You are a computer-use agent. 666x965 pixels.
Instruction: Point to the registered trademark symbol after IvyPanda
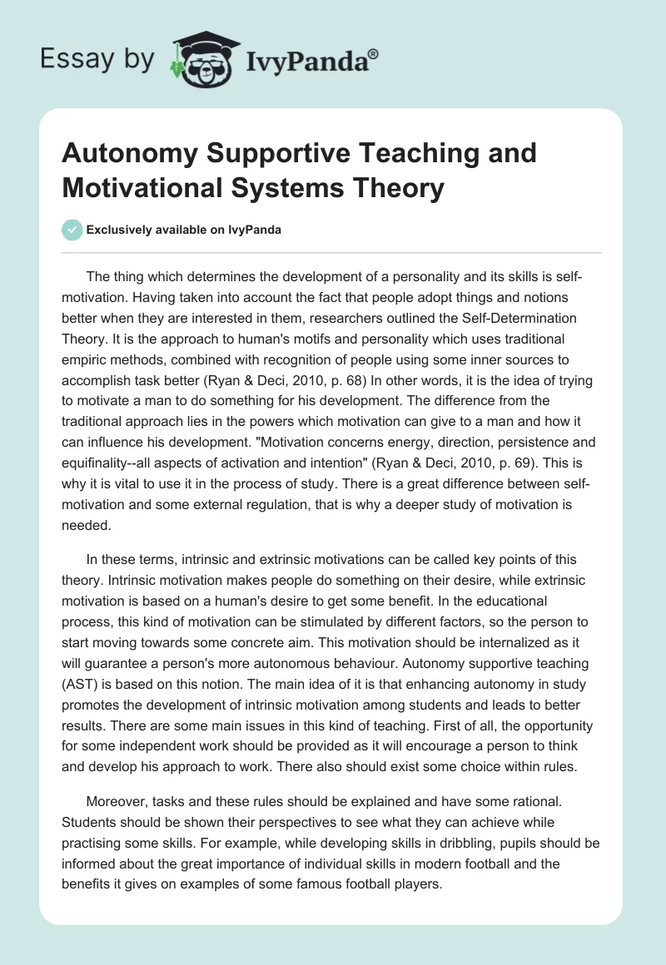374,52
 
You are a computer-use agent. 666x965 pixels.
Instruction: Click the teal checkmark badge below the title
73,230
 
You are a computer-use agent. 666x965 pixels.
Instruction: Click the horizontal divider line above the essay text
333,252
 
